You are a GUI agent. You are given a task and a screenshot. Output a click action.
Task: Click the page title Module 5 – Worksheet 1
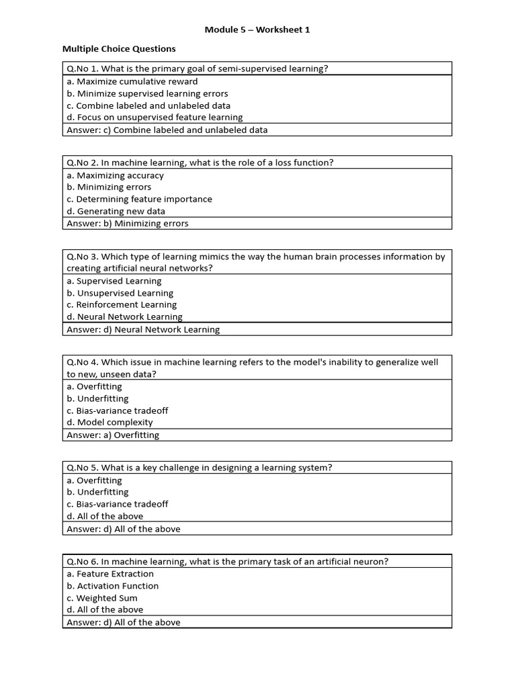pos(257,30)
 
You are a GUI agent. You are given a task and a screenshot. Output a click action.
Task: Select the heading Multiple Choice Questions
pos(119,48)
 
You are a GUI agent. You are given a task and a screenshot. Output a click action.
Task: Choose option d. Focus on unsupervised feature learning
pos(155,117)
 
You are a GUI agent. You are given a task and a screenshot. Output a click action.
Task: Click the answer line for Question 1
pos(167,130)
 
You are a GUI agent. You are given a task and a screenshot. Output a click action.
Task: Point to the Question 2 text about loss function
pos(200,162)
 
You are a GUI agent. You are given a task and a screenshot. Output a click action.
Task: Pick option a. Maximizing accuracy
pos(115,175)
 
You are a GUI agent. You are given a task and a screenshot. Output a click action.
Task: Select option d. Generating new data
pos(116,211)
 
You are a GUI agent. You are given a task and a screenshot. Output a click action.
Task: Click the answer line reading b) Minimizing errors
pos(128,223)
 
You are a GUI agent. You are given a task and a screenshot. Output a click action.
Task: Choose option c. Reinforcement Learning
pos(121,304)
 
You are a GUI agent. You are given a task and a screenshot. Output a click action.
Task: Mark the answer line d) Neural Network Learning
pos(143,329)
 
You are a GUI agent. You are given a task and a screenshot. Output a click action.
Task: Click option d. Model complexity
pos(110,422)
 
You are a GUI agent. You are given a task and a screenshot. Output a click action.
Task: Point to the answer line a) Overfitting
pos(113,435)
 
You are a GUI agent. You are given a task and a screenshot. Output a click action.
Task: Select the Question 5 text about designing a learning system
pos(200,468)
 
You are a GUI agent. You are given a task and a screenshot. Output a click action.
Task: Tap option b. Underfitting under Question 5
pos(97,492)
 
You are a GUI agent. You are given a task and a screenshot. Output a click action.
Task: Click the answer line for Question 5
pos(124,528)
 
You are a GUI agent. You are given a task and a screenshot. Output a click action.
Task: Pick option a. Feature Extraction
pos(110,574)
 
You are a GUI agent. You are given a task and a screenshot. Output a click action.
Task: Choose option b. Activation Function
pos(112,586)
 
